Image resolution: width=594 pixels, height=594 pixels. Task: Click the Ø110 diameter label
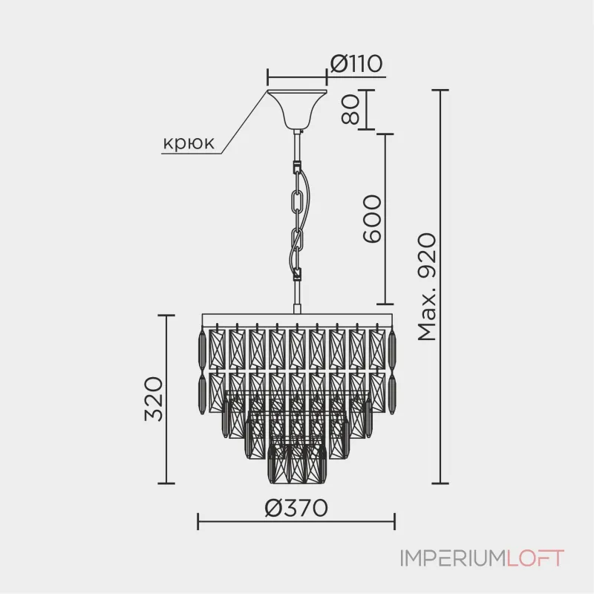[x=356, y=64]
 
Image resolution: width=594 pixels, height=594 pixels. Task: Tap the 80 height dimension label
[x=350, y=109]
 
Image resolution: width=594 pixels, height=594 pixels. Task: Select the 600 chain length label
[x=372, y=218]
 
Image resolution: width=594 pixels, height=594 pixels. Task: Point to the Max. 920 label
[x=427, y=287]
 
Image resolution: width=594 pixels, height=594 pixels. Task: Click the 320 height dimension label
[x=154, y=399]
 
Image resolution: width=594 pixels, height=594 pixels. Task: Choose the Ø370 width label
[x=296, y=508]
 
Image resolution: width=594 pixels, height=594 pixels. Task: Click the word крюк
[x=189, y=143]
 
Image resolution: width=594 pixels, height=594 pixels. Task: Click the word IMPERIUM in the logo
[x=453, y=558]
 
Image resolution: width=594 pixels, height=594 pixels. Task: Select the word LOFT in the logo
[x=535, y=558]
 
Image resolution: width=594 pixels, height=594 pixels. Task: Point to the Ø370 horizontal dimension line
[x=296, y=522]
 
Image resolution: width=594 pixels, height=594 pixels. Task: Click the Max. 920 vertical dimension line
[x=440, y=287]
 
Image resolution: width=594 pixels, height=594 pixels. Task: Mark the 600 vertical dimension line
[x=385, y=219]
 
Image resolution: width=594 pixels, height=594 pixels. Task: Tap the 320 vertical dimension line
[x=166, y=399]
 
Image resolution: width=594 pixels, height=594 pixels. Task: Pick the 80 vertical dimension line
[x=366, y=110]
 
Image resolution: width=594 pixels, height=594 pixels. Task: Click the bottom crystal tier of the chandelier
[x=297, y=463]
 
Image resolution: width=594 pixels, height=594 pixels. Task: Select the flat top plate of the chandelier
[x=296, y=319]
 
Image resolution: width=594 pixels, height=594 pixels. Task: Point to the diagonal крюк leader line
[x=244, y=123]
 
